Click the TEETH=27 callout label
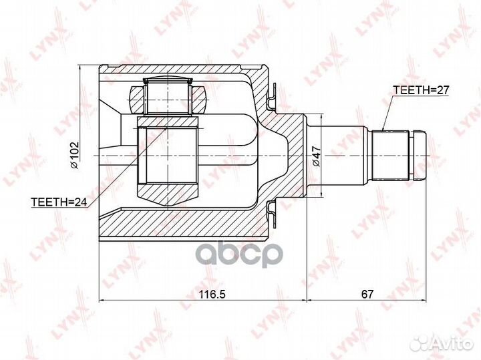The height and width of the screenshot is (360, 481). pos(421,90)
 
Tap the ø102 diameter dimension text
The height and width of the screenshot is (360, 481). pos(75,156)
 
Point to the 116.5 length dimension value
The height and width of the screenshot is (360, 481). pos(212,295)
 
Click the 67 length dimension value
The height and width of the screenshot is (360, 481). pos(367,295)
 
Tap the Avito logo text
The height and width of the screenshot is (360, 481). pos(451,344)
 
